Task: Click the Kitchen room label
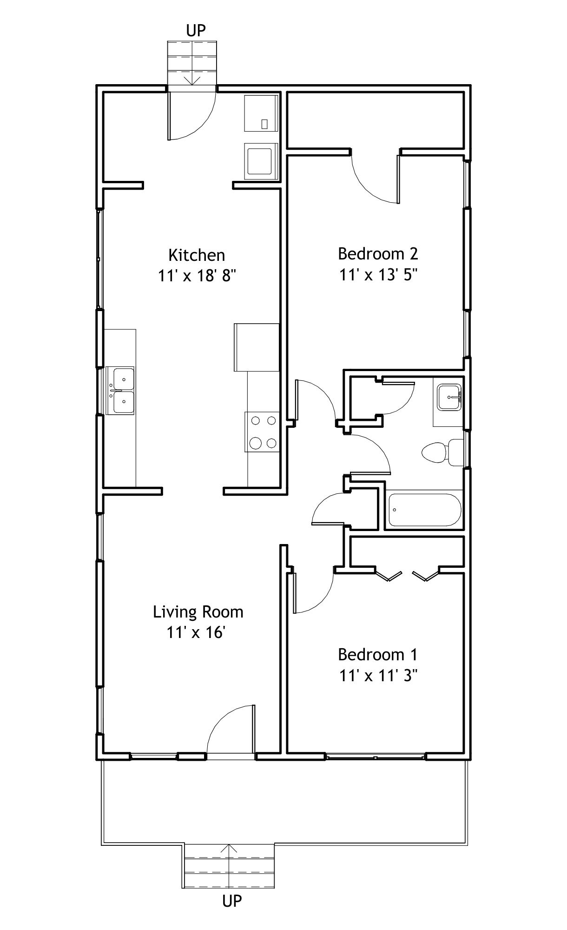click(197, 255)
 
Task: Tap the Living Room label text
click(198, 611)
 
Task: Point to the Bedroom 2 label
click(378, 253)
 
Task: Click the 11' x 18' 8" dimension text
click(197, 276)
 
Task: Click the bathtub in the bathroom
click(424, 510)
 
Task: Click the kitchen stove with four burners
click(262, 432)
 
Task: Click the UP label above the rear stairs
click(196, 31)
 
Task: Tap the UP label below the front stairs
click(232, 901)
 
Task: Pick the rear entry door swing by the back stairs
click(192, 116)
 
